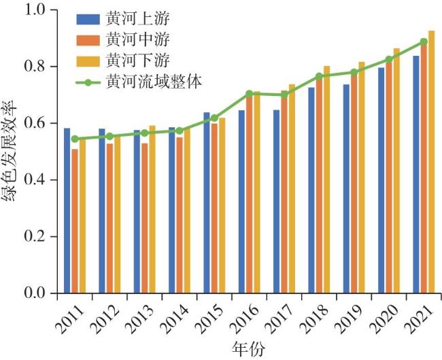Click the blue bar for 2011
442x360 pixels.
[x=67, y=210]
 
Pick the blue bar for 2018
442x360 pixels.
[x=311, y=190]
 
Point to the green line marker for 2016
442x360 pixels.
[x=249, y=93]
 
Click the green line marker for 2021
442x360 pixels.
[x=424, y=42]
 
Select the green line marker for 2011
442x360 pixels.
[x=75, y=139]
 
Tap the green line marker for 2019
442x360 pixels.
[x=354, y=72]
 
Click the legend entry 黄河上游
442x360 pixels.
[x=126, y=17]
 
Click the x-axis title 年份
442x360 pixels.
[x=248, y=349]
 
